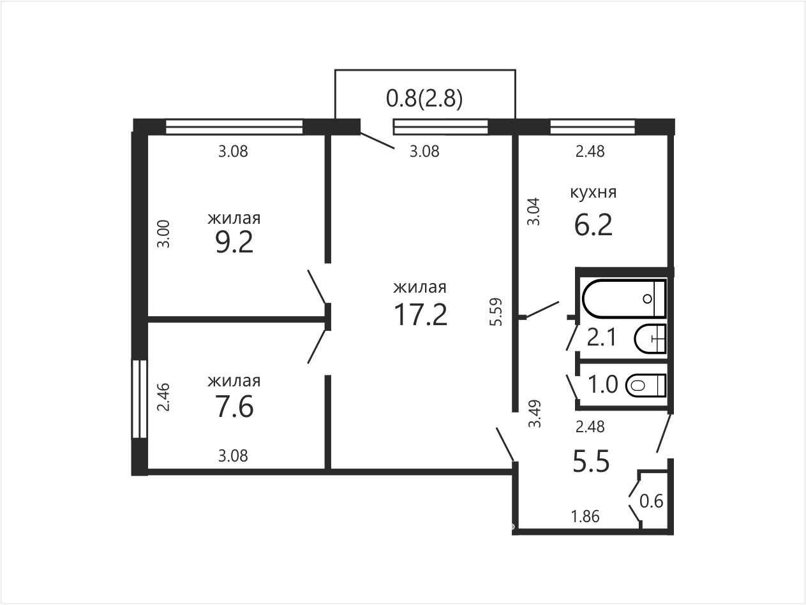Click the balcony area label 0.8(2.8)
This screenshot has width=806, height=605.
tap(424, 99)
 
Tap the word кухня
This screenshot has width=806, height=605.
tap(593, 193)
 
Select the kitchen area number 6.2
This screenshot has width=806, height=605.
tap(593, 225)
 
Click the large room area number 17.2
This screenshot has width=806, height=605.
tap(421, 314)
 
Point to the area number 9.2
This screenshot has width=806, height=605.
tap(234, 242)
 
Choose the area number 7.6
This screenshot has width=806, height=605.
tap(234, 406)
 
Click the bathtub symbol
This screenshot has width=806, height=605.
tap(624, 298)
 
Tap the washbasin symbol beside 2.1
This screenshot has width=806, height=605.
tap(650, 339)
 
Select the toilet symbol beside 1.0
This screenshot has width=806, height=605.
tap(646, 385)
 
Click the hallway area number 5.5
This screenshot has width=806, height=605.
tap(591, 461)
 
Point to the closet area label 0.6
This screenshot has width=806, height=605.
tap(652, 501)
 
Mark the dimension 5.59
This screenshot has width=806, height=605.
tap(495, 312)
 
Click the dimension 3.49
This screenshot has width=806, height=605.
tap(535, 414)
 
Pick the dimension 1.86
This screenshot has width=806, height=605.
tap(585, 516)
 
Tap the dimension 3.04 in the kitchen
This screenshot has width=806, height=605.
tap(534, 212)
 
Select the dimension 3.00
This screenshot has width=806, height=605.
tap(163, 234)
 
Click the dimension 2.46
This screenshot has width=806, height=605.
tap(163, 397)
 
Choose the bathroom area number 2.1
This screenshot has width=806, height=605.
tap(601, 338)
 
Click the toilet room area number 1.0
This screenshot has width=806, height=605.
tap(603, 384)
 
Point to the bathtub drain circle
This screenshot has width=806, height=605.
tap(647, 299)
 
